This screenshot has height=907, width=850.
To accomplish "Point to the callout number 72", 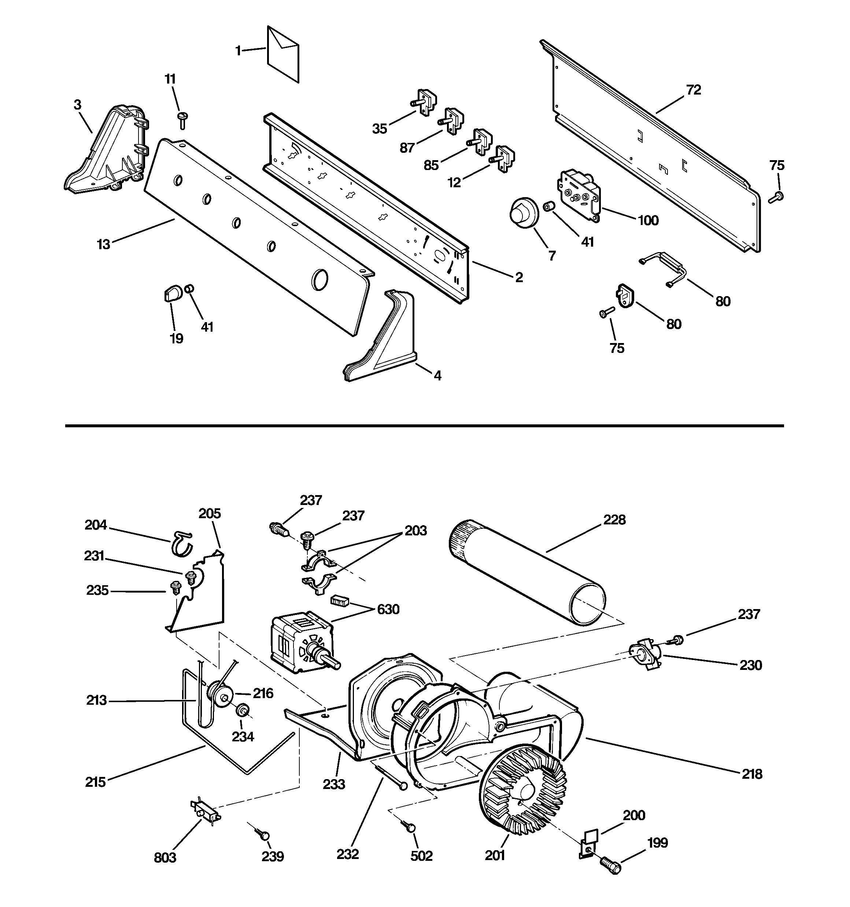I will click(693, 91).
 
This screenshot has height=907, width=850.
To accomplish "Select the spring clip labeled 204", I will click(182, 543).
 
